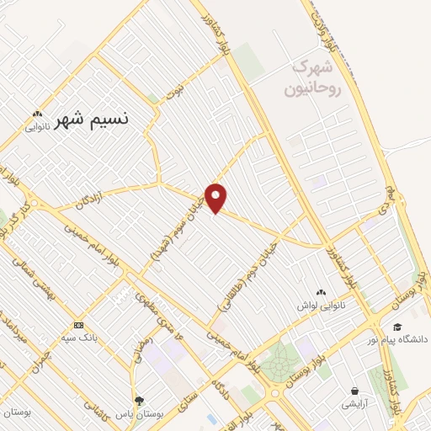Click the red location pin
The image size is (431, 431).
click(x=216, y=197)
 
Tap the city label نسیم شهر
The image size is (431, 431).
click(x=97, y=120)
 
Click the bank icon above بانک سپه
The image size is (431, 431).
click(x=78, y=325)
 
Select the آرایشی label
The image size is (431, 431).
click(x=354, y=404)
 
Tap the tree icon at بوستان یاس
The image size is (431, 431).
click(x=139, y=401)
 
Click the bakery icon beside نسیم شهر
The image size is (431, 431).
click(x=36, y=114)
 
